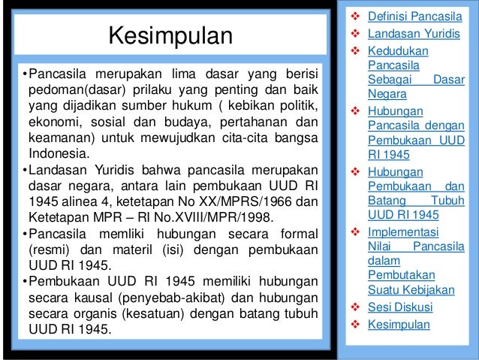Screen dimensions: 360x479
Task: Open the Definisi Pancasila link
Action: [414, 14]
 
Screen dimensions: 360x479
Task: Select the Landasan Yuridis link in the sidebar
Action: [411, 34]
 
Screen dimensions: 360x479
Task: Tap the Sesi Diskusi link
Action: [399, 307]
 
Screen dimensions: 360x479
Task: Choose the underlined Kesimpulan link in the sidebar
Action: [399, 325]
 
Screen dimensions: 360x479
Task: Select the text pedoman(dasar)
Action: [71, 89]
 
